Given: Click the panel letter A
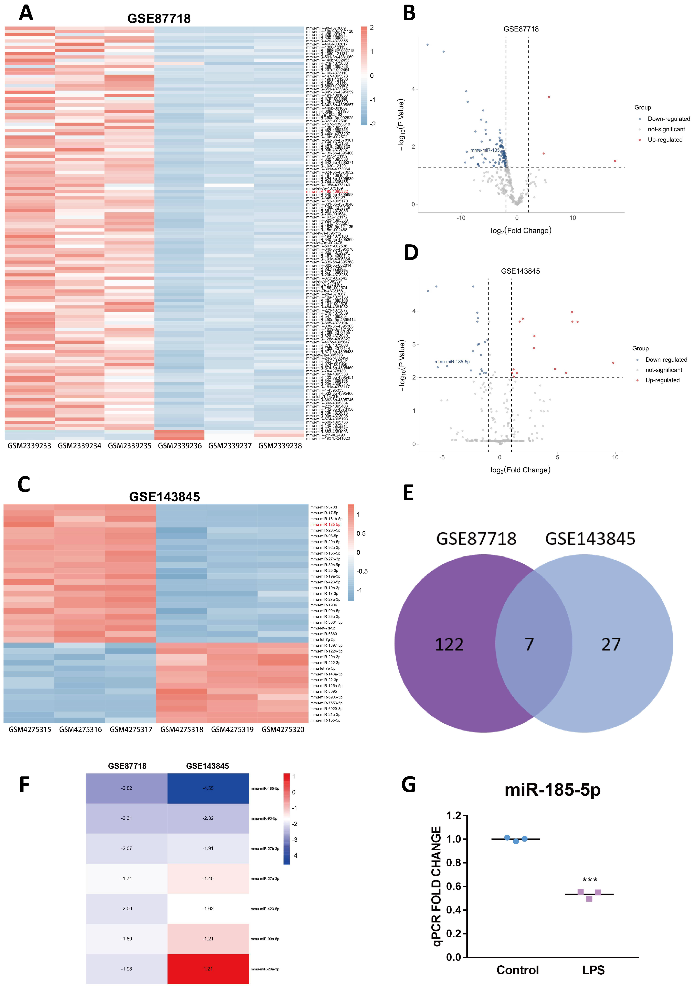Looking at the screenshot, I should pyautogui.click(x=26, y=13).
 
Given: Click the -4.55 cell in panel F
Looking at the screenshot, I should pyautogui.click(x=208, y=788).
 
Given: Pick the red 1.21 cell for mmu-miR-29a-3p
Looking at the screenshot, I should pyautogui.click(x=208, y=969).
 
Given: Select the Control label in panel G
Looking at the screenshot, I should pyautogui.click(x=517, y=970).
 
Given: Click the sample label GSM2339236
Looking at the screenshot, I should pyautogui.click(x=180, y=446).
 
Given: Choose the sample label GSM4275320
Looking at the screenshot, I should pyautogui.click(x=283, y=729).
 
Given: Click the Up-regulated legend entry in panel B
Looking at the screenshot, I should pyautogui.click(x=665, y=140).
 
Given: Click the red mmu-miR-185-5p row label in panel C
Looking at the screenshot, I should pyautogui.click(x=325, y=524).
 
